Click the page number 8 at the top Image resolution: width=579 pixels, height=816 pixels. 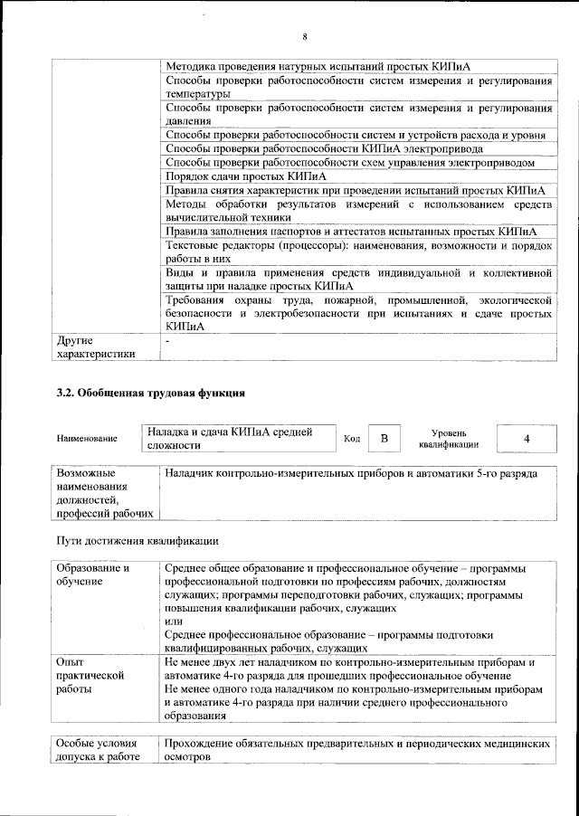click(x=305, y=36)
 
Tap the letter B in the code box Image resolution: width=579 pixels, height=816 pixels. click(x=384, y=438)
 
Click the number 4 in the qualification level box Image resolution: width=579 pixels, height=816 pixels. click(x=526, y=438)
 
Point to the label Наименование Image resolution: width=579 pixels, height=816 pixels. click(x=87, y=439)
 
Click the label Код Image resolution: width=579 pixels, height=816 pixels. click(x=352, y=439)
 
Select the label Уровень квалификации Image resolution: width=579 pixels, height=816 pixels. click(x=449, y=439)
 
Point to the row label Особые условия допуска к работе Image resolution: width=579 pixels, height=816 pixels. click(x=98, y=749)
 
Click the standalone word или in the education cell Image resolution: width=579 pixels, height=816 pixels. click(x=173, y=621)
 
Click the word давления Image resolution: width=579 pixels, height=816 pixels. click(x=188, y=120)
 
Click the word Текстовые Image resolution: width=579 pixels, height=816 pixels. click(x=195, y=245)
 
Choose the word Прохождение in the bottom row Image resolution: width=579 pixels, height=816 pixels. click(x=204, y=743)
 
